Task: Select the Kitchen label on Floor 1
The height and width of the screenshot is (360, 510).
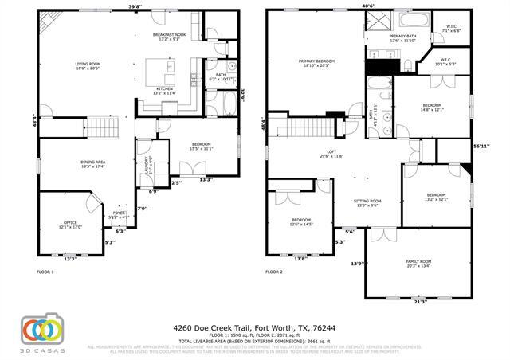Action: (x=164, y=90)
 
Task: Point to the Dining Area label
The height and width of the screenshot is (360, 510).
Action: (x=93, y=164)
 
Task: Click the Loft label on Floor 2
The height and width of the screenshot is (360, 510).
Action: (x=331, y=154)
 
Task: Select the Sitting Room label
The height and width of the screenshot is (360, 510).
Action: (x=367, y=203)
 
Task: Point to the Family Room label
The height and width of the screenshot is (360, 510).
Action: (x=418, y=264)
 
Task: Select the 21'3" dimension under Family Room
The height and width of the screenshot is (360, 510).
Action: (x=420, y=302)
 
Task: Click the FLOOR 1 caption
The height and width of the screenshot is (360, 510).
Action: (x=45, y=272)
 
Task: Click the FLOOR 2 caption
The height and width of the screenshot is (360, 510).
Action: (x=273, y=272)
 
